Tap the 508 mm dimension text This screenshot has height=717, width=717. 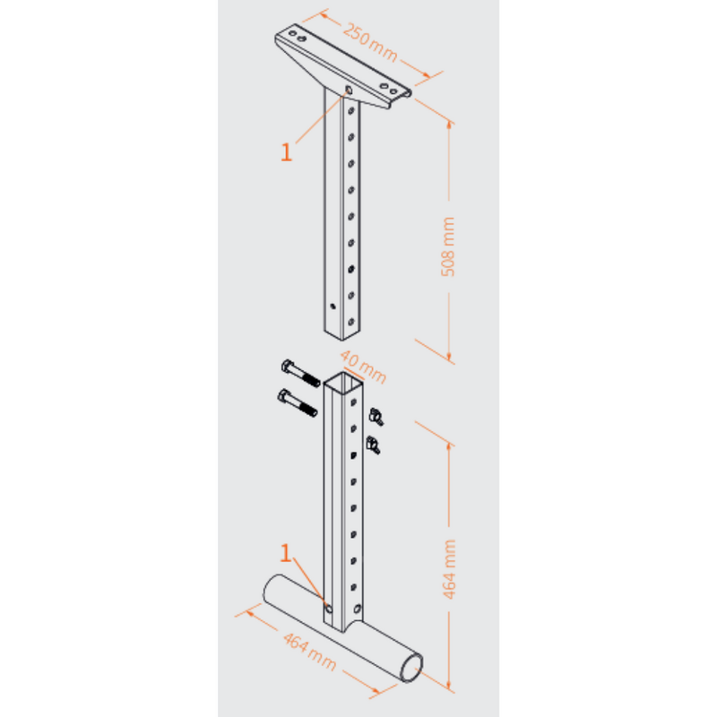(448, 246)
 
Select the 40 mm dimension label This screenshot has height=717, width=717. (358, 367)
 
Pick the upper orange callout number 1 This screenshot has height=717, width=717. (287, 152)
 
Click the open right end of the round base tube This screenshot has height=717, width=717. (412, 668)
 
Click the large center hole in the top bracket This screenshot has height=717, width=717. (348, 90)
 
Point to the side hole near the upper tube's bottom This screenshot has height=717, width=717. (332, 306)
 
